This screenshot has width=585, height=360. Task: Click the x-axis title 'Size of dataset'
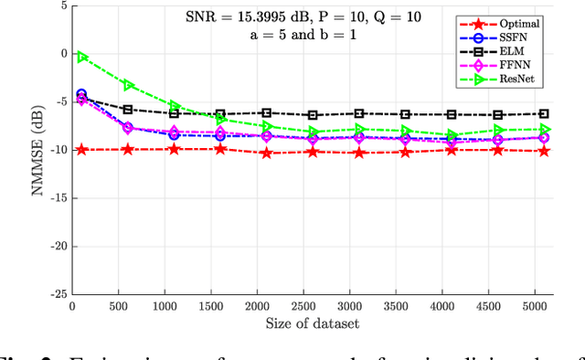313,322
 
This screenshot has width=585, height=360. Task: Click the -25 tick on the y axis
58,294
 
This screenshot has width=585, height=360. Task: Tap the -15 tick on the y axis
58,197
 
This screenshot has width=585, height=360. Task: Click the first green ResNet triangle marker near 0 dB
81,57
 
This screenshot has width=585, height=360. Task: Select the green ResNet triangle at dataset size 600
128,85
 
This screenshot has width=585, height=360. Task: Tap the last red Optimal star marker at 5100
545,150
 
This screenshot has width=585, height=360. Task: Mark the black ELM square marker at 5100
545,114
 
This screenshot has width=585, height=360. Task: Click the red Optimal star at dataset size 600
128,149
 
